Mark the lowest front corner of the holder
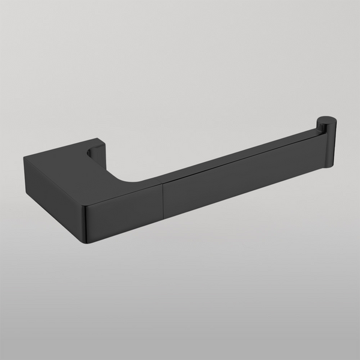(x=87, y=242)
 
